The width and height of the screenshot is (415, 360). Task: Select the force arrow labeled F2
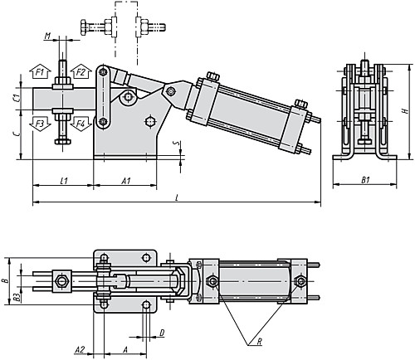pyautogui.click(x=81, y=74)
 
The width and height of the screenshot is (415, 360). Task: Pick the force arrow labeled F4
pyautogui.click(x=81, y=124)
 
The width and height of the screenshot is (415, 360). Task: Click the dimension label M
pyautogui.click(x=49, y=36)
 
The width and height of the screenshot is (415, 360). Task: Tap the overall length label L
pyautogui.click(x=178, y=196)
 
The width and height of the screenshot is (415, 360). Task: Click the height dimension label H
pyautogui.click(x=405, y=109)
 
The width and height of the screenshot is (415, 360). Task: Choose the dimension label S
pyautogui.click(x=175, y=144)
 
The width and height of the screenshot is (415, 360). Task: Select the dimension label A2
pyautogui.click(x=81, y=350)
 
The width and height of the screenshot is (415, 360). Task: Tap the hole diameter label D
pyautogui.click(x=162, y=333)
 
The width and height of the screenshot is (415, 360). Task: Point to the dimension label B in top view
pyautogui.click(x=7, y=282)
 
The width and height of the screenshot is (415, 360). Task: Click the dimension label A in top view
pyautogui.click(x=124, y=350)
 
